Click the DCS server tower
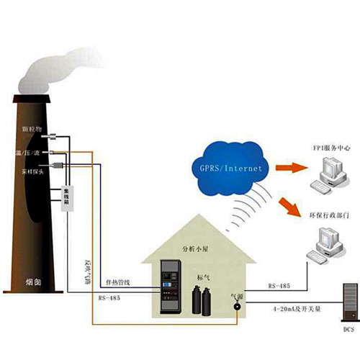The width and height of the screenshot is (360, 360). pyautogui.click(x=347, y=302)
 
